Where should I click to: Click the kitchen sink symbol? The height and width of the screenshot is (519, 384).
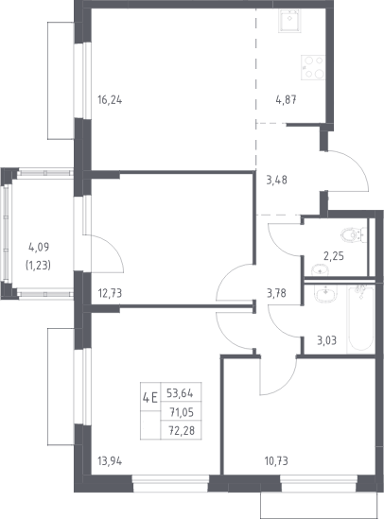[289, 21]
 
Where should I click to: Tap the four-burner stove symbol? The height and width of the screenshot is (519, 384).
[313, 67]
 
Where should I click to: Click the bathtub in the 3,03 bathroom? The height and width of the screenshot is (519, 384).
[361, 319]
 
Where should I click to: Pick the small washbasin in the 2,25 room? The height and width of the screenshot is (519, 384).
[320, 269]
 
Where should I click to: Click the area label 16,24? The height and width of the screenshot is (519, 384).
[110, 99]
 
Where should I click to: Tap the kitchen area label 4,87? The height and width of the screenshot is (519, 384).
[286, 99]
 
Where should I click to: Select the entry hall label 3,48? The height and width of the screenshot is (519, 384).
[277, 180]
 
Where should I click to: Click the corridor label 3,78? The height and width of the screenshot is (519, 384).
[276, 293]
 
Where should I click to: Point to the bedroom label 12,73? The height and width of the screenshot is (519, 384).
[110, 293]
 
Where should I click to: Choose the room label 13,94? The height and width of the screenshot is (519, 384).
[110, 460]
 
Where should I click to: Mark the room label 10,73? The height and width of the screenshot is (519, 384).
[276, 460]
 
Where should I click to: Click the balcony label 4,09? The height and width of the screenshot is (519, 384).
[39, 247]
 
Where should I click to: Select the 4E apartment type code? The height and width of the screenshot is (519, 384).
[150, 397]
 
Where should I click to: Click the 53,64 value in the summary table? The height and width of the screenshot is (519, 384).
[180, 393]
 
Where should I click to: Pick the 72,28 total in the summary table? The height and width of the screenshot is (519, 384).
[182, 431]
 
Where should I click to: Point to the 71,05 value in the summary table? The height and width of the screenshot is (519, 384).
[182, 412]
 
